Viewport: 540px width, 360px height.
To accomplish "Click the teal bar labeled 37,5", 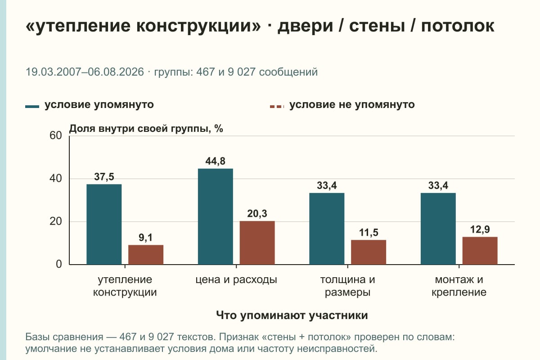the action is click(x=104, y=224).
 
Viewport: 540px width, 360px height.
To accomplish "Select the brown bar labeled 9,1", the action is click(x=146, y=255).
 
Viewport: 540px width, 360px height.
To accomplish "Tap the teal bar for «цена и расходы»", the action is click(x=215, y=216).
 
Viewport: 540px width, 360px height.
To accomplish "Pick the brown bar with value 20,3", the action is click(x=257, y=243).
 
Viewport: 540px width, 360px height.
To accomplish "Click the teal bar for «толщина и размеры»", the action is click(x=327, y=229).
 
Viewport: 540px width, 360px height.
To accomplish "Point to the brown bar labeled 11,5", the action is click(x=369, y=252).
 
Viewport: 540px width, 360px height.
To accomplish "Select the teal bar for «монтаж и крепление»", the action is click(x=438, y=229).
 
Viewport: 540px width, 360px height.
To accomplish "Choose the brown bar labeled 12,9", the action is click(x=480, y=251).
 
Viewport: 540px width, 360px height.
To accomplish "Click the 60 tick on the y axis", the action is click(x=56, y=135).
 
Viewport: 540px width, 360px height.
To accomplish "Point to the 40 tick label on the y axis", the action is click(x=56, y=179).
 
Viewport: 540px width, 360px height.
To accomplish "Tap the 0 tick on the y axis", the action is click(x=59, y=265).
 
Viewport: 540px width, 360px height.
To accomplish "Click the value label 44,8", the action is click(x=215, y=161).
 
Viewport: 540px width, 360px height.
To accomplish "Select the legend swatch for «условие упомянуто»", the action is click(x=32, y=107).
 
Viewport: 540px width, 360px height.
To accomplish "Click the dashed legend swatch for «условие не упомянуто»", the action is click(x=277, y=107).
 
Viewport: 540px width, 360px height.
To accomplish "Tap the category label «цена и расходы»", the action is click(x=236, y=280).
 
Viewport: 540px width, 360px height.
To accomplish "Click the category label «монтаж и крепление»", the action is click(x=459, y=286).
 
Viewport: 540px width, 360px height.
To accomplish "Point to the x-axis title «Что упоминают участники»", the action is click(x=292, y=315).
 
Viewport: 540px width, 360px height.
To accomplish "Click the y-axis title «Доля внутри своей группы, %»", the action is click(x=146, y=129).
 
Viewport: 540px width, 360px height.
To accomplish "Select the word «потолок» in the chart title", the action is click(x=458, y=26).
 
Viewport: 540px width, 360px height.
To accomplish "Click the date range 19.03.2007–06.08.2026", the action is click(x=85, y=72).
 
